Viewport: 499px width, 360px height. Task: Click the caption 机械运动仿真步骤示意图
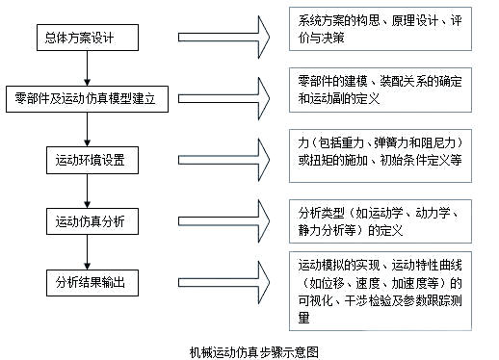249,350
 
